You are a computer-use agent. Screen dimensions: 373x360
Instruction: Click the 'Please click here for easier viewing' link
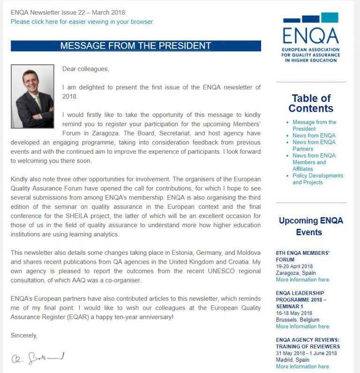82,22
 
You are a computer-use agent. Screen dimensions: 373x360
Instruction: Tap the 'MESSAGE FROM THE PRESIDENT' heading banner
135,46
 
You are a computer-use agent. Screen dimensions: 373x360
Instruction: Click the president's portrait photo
32,96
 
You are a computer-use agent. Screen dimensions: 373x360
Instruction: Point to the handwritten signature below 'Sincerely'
37,358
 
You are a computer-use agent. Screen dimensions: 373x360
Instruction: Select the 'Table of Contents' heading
311,103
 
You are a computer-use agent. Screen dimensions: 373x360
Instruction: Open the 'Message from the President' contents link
314,125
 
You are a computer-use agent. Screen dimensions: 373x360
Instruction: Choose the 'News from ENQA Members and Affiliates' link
314,162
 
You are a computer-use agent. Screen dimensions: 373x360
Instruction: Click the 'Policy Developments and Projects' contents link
317,179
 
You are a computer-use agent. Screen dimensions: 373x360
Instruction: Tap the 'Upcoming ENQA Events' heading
311,226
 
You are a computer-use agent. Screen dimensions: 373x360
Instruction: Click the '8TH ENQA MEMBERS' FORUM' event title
302,256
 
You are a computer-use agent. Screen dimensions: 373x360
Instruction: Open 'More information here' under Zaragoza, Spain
303,280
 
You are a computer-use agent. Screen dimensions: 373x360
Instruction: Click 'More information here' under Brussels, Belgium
303,327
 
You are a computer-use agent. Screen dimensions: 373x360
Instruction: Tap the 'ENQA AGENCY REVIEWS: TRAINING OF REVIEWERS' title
307,343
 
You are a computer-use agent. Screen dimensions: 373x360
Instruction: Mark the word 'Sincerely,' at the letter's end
24,335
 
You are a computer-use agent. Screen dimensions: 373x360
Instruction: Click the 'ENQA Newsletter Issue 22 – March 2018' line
68,13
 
